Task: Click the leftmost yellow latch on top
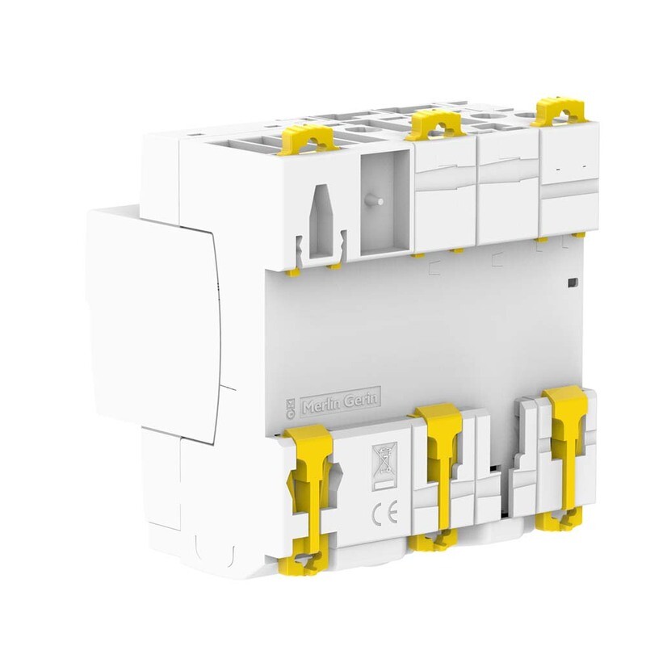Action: [302, 137]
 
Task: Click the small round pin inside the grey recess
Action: [375, 199]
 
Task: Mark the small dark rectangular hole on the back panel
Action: [572, 282]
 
